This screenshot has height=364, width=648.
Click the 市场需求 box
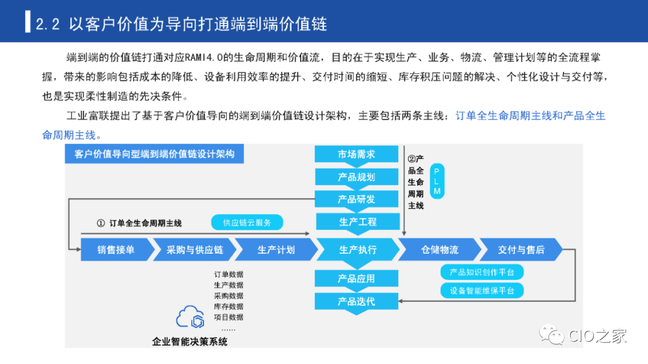pos(356,154)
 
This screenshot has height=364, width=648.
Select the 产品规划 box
pos(356,177)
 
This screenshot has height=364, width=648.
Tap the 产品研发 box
pos(356,199)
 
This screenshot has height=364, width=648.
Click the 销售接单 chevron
pos(115,249)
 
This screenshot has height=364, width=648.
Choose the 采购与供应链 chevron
pos(194,249)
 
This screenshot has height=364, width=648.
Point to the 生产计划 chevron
pos(276,249)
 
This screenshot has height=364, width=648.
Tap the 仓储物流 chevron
pos(439,249)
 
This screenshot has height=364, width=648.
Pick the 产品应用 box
pos(356,279)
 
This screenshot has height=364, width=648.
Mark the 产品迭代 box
pos(356,301)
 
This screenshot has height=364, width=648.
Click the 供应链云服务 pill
pos(247,222)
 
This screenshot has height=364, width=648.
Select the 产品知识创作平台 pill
pos(482,272)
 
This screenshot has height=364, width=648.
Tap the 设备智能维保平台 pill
pos(482,291)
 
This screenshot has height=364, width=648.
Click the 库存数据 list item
pos(229,306)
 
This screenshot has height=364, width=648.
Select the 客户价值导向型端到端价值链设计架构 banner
pos(154,154)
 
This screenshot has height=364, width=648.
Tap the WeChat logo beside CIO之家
pos(553,335)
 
